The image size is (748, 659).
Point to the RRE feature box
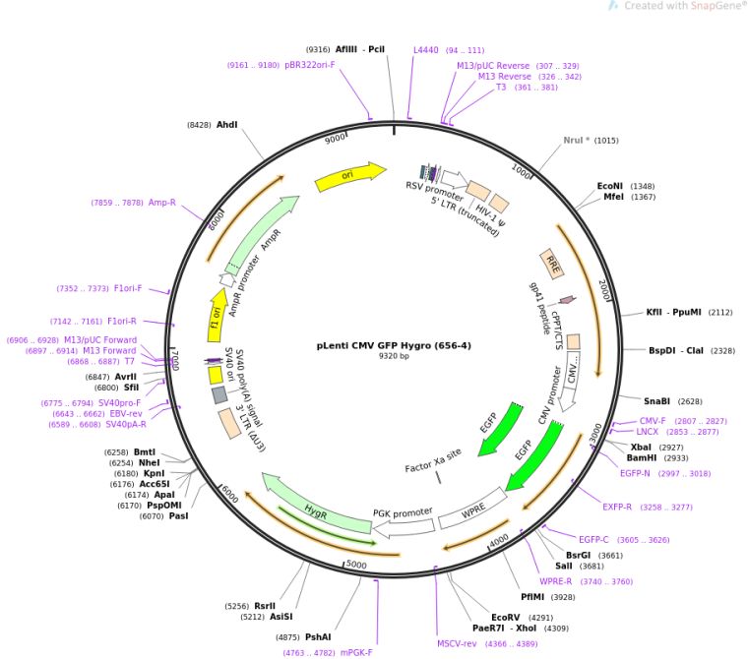click(x=552, y=264)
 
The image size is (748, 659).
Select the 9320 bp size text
click(x=394, y=357)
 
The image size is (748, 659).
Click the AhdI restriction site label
click(x=227, y=125)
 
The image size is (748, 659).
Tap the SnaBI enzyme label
click(x=657, y=400)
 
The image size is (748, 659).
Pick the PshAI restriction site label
click(x=318, y=636)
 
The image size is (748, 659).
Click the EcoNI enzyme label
click(x=610, y=185)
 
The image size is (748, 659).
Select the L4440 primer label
click(x=426, y=50)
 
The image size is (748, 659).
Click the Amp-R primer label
click(x=161, y=203)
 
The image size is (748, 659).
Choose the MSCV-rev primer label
click(x=458, y=643)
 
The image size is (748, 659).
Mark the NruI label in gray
click(x=578, y=141)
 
